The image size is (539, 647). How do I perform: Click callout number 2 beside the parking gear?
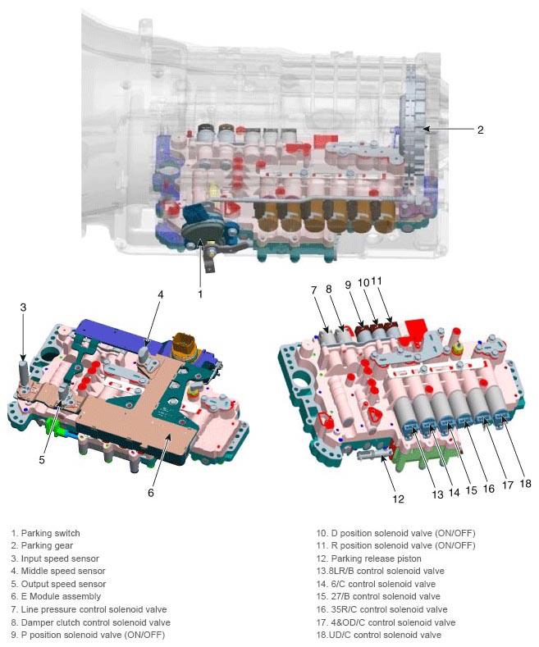point(480,130)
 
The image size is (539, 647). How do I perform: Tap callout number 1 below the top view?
point(200,294)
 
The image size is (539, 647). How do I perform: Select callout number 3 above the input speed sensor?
point(23,307)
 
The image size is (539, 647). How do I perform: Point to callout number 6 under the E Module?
point(151,492)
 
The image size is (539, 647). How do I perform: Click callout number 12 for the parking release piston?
point(398,499)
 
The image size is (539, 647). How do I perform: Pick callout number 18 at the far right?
point(525,483)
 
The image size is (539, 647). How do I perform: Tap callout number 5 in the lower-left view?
point(42,459)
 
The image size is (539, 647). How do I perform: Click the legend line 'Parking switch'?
point(45,533)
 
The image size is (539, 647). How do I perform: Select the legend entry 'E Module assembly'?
point(56,596)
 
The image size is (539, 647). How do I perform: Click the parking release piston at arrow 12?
point(373,454)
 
